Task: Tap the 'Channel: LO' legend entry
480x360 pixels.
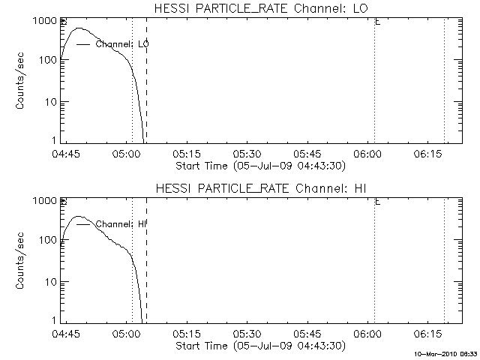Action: (x=122, y=44)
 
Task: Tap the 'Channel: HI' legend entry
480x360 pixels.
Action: (x=122, y=223)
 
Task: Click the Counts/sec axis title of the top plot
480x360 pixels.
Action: (x=22, y=81)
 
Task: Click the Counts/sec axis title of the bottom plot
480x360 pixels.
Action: (x=22, y=260)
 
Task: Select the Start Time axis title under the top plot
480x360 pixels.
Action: (x=259, y=166)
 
